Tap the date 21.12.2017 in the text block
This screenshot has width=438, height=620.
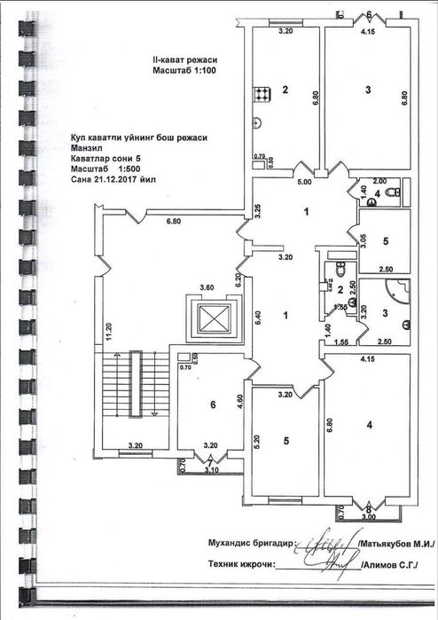(x=117, y=177)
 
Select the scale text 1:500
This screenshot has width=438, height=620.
(x=131, y=168)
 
